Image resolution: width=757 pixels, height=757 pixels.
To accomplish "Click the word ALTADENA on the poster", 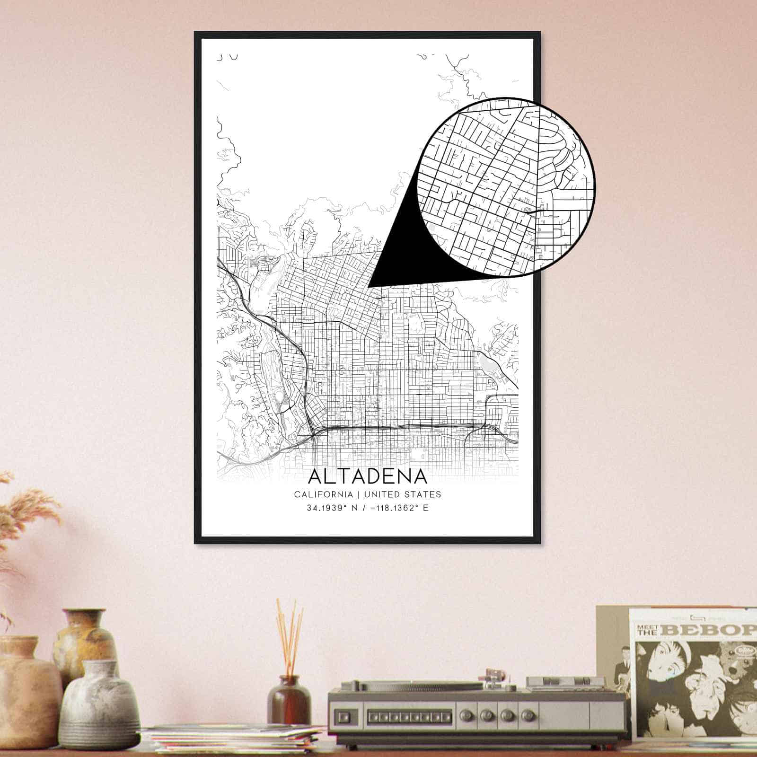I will pyautogui.click(x=367, y=476).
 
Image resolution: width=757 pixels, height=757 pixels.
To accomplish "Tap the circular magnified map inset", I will pyautogui.click(x=506, y=187).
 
